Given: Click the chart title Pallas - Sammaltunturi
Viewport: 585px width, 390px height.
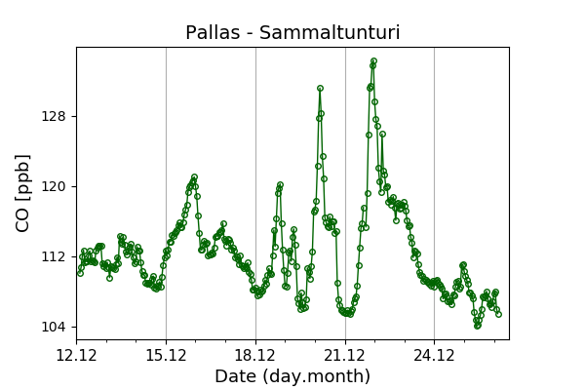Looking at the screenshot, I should coord(292,33).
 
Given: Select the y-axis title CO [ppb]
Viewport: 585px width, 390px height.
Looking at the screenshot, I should coord(23,193).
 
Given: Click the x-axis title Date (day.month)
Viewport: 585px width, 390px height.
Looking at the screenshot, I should coord(292,376).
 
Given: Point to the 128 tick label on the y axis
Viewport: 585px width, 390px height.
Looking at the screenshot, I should coord(53,117).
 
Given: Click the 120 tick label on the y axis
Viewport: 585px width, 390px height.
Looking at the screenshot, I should coord(53,186).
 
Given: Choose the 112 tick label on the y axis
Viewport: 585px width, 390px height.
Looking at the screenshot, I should coord(53,256).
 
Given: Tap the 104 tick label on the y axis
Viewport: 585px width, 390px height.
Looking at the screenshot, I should coord(53,327).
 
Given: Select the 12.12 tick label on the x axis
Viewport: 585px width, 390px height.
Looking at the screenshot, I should coord(76,354).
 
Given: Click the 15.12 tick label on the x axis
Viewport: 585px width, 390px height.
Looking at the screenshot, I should coord(166,354).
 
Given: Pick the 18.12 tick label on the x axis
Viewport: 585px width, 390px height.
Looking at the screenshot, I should coord(255,354).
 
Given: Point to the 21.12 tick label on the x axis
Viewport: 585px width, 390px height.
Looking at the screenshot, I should coord(345,354).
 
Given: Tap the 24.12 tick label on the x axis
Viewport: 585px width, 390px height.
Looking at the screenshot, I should coord(434,354).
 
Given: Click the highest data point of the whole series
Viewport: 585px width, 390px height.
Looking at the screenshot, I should coord(373,60).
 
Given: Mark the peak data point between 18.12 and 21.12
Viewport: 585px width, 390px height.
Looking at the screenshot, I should coord(320,89).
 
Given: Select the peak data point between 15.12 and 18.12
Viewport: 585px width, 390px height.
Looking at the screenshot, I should coord(194,177).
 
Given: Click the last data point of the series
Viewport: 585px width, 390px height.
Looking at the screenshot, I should coord(498,314).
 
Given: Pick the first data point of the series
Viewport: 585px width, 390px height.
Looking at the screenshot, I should coord(80,273).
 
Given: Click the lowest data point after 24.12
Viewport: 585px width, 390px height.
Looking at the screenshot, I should coord(477,326).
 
